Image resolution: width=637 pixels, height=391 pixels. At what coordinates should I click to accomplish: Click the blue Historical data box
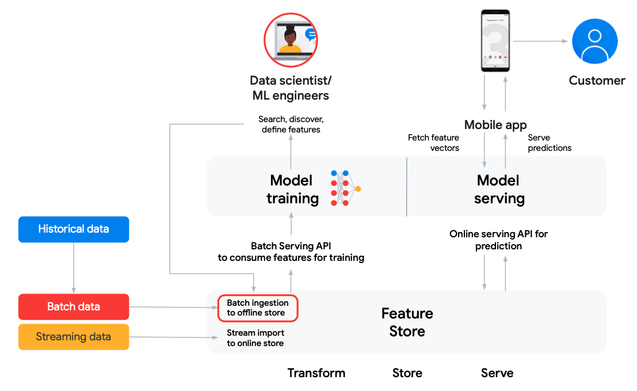point(74,229)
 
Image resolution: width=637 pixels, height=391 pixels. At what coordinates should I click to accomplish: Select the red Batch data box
point(74,307)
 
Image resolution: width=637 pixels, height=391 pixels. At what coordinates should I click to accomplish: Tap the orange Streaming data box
point(74,337)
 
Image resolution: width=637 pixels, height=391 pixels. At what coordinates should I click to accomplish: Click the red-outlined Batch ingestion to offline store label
point(258,308)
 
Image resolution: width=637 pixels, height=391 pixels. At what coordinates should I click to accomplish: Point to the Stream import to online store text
point(255,338)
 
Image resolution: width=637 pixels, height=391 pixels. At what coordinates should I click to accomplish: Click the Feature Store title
point(407,322)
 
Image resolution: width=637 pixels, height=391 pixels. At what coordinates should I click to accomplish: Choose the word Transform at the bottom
point(316,373)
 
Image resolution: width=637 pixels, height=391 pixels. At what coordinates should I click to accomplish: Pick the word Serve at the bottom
point(497,373)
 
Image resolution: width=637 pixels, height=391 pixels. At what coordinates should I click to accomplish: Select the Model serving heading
point(499,189)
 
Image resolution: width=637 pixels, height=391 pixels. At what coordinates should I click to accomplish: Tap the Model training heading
point(292,189)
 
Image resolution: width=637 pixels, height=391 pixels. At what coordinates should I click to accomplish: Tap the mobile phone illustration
point(495,41)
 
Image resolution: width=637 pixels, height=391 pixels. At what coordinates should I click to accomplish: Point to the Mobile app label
point(495,124)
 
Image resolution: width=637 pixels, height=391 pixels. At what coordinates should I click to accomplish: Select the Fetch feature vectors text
point(433,143)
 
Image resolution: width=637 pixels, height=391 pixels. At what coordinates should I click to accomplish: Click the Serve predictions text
point(549,143)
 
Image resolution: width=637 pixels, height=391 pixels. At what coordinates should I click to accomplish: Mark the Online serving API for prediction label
point(498,240)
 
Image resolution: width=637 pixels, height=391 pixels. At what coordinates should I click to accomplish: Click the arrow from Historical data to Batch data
point(74,268)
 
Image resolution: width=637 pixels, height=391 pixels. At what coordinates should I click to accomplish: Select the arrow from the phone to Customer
point(540,41)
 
